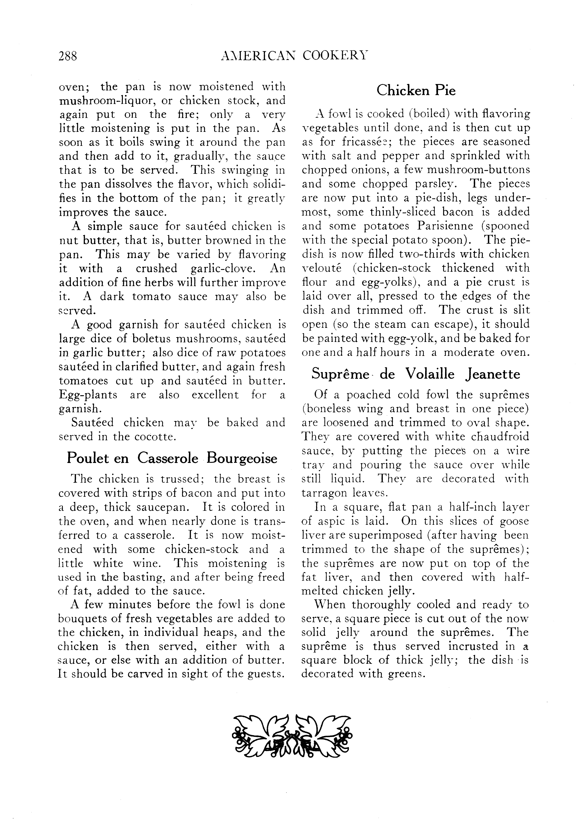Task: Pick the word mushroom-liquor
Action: (x=107, y=101)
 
